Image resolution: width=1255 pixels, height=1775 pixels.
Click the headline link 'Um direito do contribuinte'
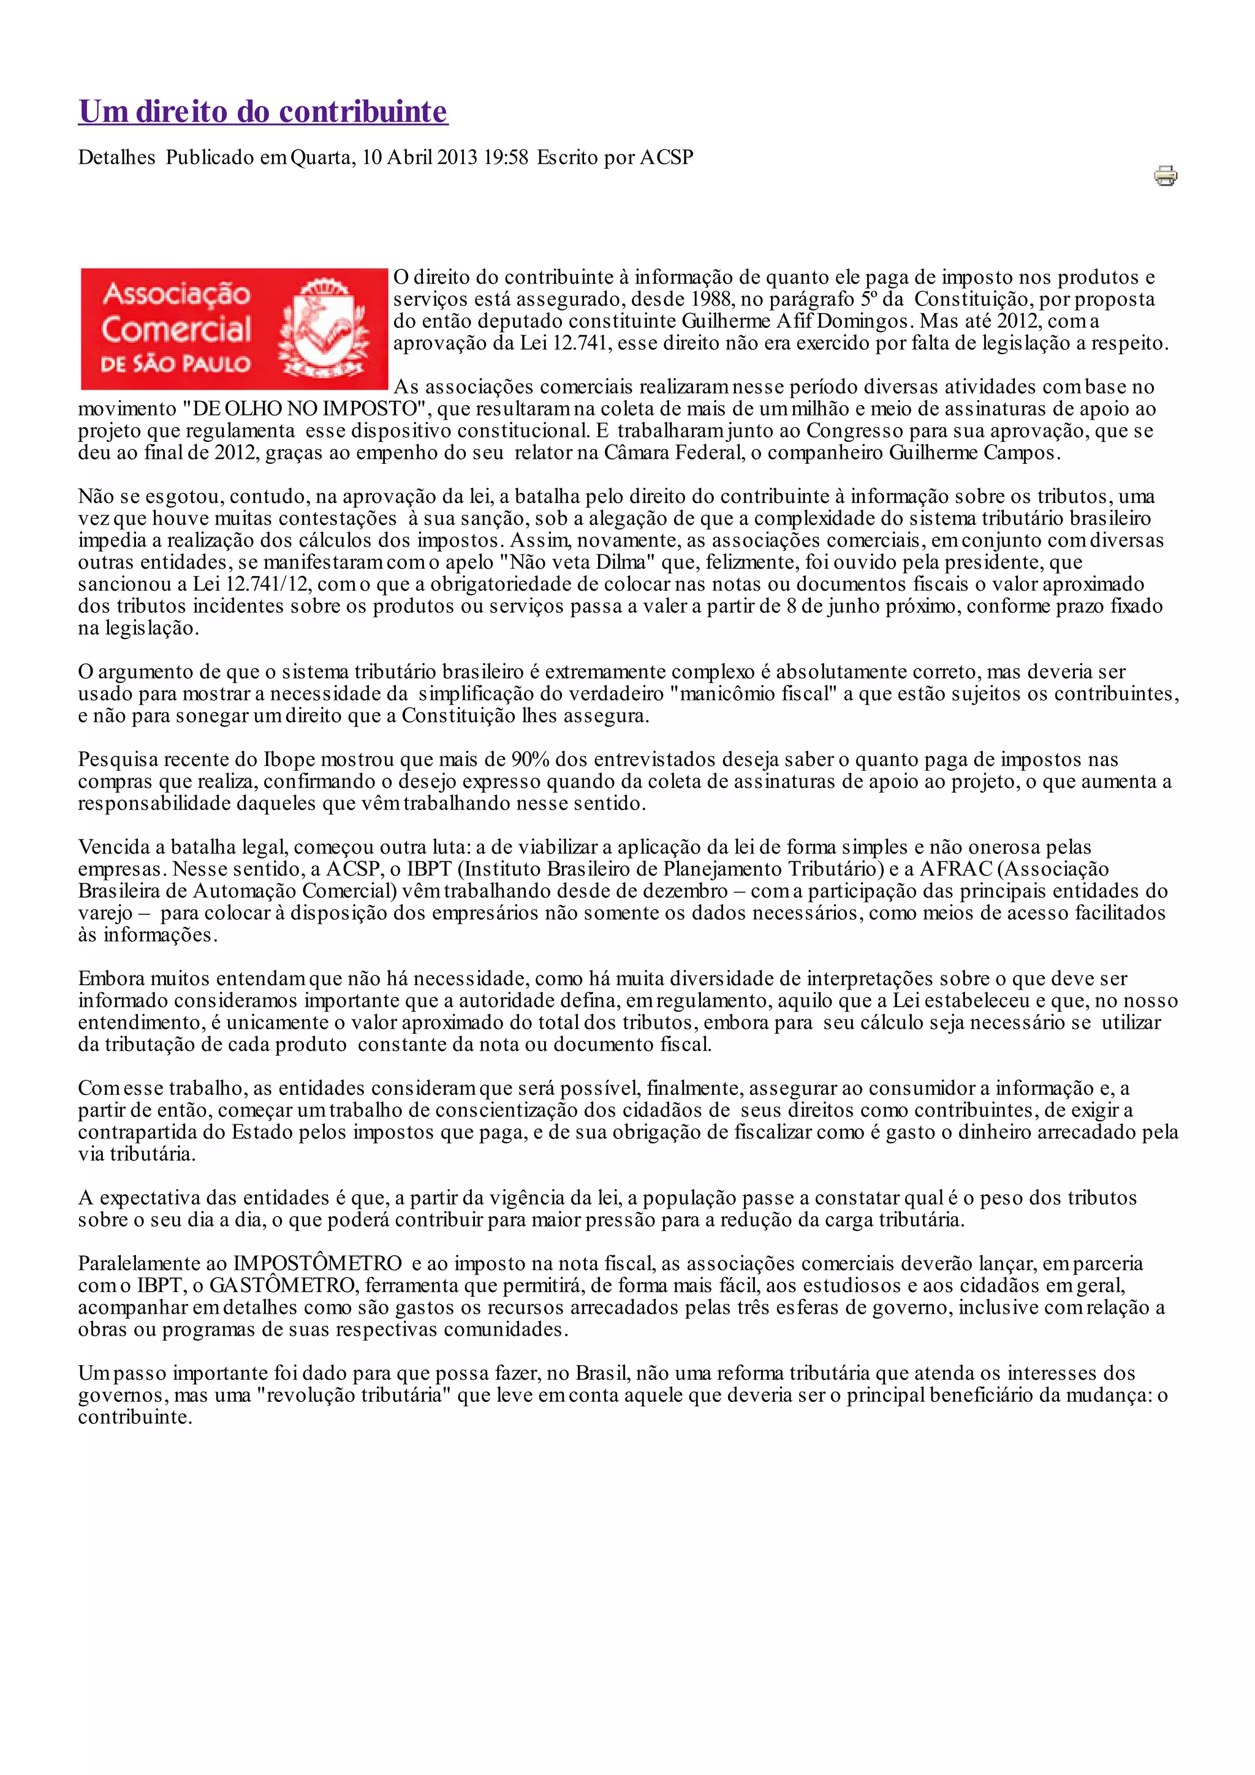[263, 112]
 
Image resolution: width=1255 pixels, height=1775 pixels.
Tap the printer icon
[1166, 176]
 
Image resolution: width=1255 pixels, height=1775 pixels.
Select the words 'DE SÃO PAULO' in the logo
[175, 363]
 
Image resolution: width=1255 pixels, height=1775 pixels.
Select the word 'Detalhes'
[117, 157]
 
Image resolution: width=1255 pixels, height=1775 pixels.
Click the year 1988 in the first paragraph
[710, 299]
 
